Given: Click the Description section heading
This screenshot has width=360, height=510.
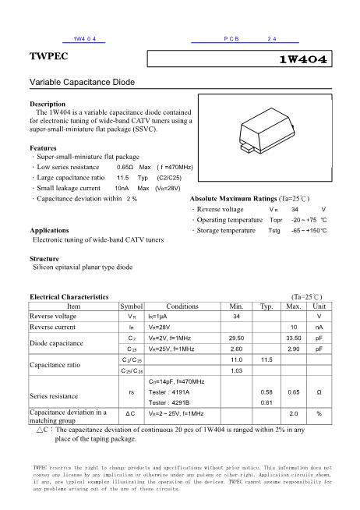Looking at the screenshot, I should pyautogui.click(x=48, y=104).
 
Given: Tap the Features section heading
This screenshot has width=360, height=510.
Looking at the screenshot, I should pyautogui.click(x=43, y=147).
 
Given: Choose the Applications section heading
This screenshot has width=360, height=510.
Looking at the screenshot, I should pyautogui.click(x=51, y=231).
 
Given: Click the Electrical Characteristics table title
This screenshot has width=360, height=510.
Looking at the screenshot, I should pyautogui.click(x=69, y=297).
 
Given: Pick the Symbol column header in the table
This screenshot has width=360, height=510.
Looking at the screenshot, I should pyautogui.click(x=132, y=306).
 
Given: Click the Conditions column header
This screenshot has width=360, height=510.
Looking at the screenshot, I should pyautogui.click(x=182, y=306).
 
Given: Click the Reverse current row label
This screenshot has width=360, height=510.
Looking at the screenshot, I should pyautogui.click(x=53, y=327).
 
